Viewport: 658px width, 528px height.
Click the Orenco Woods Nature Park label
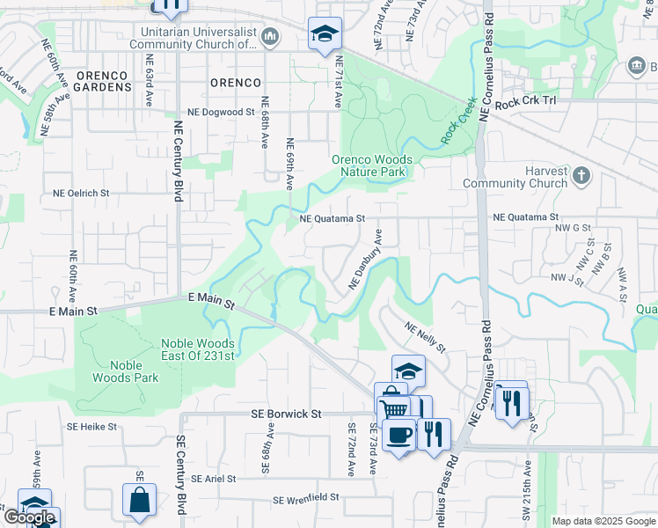coord(368,166)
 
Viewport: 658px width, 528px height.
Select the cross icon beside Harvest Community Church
coord(581,176)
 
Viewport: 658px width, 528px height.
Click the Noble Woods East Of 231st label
coord(198,349)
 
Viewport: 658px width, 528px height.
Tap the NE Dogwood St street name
coord(221,113)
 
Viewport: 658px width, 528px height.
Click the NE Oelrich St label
coord(81,193)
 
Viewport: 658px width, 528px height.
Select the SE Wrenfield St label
coord(306,498)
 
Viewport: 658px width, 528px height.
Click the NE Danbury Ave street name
coord(366,260)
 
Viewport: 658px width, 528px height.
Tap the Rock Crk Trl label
coord(526,104)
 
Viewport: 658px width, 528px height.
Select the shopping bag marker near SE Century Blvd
coord(139,501)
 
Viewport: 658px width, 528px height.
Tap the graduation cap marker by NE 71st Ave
coord(325,35)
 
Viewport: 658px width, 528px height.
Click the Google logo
coord(29,517)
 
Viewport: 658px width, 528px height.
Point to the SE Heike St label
coord(99,427)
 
